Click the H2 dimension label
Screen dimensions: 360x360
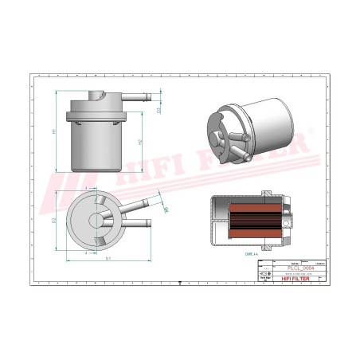[140, 142]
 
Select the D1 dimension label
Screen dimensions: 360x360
[108, 259]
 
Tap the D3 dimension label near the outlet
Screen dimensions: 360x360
[166, 211]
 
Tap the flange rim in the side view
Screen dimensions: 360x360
[96, 121]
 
